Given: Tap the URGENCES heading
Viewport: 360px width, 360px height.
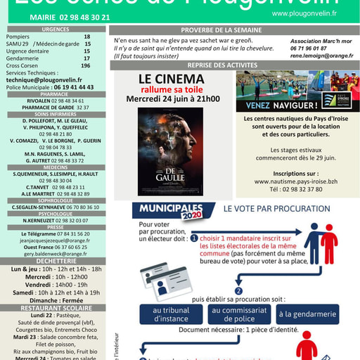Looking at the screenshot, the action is pyautogui.click(x=55, y=30).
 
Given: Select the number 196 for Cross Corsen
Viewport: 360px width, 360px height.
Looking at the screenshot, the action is pyautogui.click(x=86, y=65).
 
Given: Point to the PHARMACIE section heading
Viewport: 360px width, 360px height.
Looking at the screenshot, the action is pyautogui.click(x=55, y=94).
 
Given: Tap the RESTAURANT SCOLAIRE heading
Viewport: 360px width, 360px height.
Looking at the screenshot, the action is pyautogui.click(x=55, y=308).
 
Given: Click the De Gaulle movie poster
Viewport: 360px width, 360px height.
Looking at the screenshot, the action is pyautogui.click(x=170, y=151).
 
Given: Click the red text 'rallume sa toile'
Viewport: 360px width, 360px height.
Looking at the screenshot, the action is pyautogui.click(x=172, y=90).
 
